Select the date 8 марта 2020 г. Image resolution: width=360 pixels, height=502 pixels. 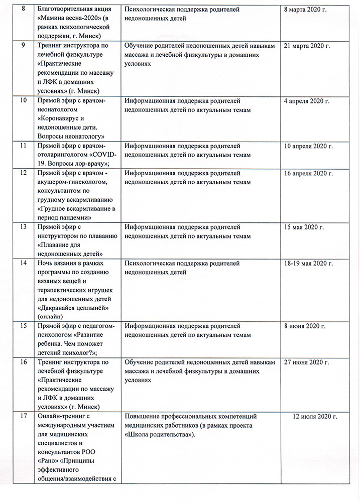click(306, 10)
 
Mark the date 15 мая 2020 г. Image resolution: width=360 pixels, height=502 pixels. click(304, 227)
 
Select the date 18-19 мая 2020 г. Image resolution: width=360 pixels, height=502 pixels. click(308, 264)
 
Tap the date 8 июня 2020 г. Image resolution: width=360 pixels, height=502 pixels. click(305, 327)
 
